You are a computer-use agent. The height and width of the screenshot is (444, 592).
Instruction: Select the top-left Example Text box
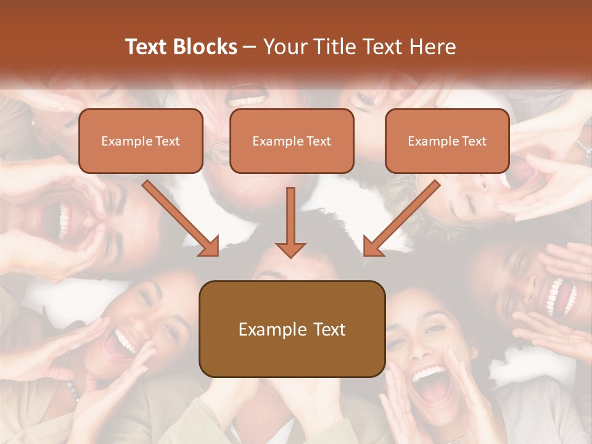141,141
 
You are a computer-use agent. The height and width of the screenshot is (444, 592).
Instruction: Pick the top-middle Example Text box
292,141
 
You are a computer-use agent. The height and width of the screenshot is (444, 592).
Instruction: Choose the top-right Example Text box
447,141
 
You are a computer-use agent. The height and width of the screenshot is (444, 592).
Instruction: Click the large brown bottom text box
292,329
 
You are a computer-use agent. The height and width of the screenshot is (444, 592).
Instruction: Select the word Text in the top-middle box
318,141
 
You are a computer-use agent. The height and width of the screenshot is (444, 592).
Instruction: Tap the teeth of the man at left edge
64,221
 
